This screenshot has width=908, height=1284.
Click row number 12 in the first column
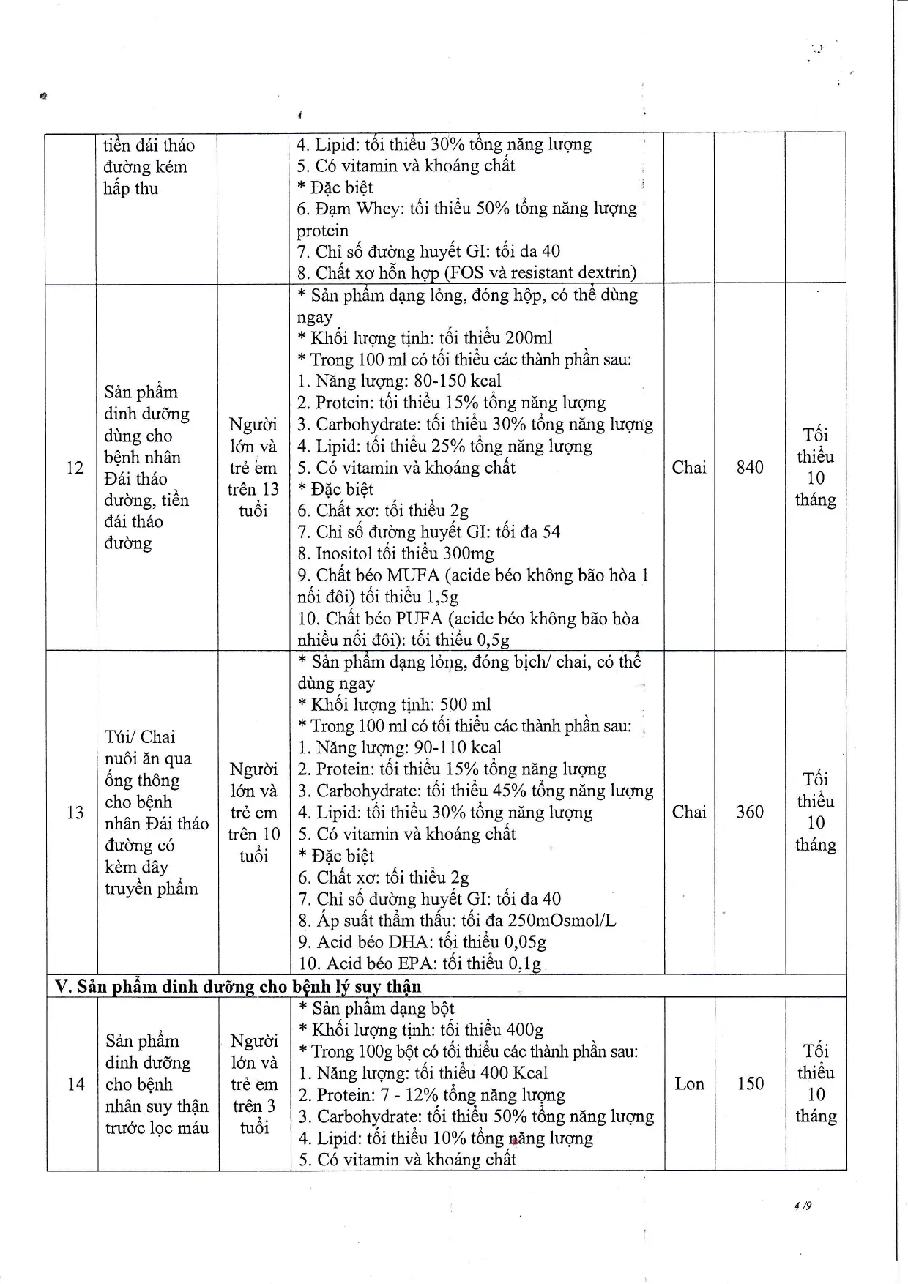(x=75, y=468)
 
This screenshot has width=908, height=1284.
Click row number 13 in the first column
(x=75, y=813)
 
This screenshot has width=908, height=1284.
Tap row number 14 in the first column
(x=76, y=1084)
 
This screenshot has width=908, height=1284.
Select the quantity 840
(x=750, y=468)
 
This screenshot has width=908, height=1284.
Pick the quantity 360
(x=750, y=812)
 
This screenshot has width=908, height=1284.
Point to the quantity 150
(x=751, y=1083)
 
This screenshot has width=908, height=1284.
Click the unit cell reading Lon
(x=689, y=1083)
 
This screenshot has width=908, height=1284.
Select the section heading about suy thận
(x=239, y=986)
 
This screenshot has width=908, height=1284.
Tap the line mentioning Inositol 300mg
(x=395, y=553)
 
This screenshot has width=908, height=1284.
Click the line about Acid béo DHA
(x=422, y=941)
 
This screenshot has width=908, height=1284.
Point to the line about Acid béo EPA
(x=419, y=963)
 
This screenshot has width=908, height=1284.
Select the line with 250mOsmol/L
(x=457, y=920)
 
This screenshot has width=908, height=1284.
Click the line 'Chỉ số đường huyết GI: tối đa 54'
(x=428, y=532)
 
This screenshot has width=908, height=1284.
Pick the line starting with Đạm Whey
(x=466, y=209)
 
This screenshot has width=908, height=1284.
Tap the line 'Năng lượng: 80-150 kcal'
(x=399, y=381)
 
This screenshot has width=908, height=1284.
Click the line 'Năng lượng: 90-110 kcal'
(x=399, y=747)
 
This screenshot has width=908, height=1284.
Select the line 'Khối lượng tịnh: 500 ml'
(x=395, y=704)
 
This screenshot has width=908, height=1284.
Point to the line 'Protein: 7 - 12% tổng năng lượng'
(x=431, y=1095)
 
